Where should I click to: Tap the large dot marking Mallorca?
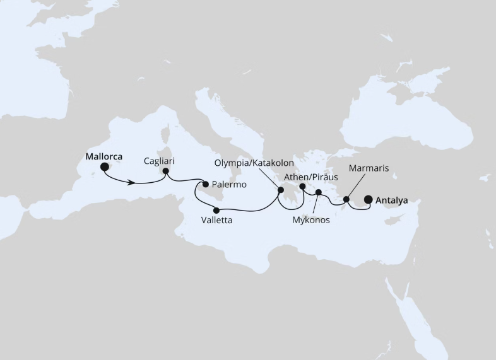pos(105,167)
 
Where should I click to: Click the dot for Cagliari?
pos(165,171)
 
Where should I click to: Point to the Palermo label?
pos(229,185)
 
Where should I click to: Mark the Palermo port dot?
pos(205,184)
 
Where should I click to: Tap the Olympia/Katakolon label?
pos(254,163)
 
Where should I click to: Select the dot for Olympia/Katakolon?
pos(280,189)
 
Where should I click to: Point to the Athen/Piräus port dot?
pos(303,187)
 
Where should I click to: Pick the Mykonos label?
pos(312,221)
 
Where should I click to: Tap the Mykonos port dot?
pos(319,192)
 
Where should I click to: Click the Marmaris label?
pos(368,168)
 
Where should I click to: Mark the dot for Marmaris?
pos(346,200)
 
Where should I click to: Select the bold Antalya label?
pos(391,200)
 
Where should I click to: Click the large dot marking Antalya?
pos(369,200)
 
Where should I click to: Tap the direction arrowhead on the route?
pos(132,183)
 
